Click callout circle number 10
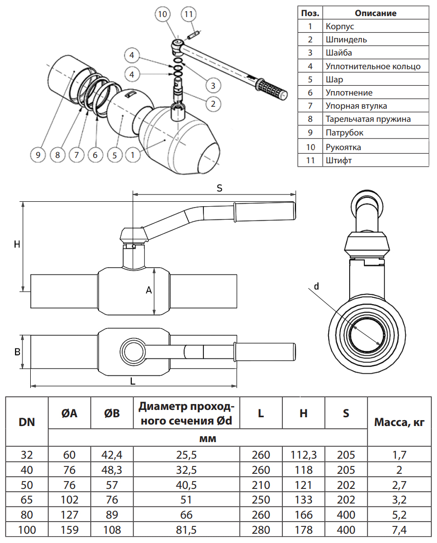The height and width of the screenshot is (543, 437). pos(163,14)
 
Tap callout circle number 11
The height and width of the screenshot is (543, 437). pos(189,14)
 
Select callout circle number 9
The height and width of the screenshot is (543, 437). pos(38,155)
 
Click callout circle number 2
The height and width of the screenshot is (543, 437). pos(213,103)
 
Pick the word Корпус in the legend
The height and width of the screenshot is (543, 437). pos(340,26)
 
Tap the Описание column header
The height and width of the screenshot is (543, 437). pos(376,13)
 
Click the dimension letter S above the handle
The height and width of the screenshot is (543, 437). pos(220,188)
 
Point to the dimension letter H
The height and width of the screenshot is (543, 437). pos(17,244)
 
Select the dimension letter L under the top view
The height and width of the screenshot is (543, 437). pos(133,381)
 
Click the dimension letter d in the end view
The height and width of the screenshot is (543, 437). pos(316,287)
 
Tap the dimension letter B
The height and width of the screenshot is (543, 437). pos(17,351)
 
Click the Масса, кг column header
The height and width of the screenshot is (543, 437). pos(399,422)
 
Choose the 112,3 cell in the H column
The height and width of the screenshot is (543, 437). pos(303,455)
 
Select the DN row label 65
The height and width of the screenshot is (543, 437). pos(27,500)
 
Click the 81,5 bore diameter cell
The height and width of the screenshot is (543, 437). pos(186,530)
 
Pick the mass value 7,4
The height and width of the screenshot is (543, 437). pos(399,530)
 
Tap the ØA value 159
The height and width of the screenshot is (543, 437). pos(69,530)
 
